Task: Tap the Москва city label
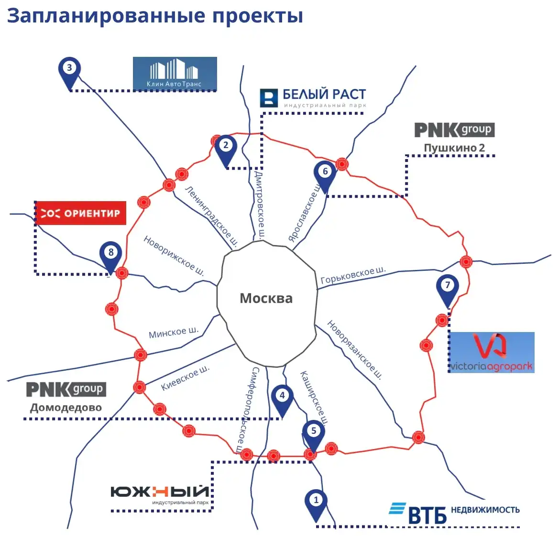click(266, 299)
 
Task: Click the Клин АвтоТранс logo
click(175, 74)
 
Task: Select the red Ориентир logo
click(80, 213)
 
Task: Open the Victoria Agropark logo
click(492, 353)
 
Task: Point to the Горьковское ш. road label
click(353, 276)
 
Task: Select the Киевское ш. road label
click(186, 378)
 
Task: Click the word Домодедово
click(66, 407)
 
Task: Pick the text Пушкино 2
click(454, 148)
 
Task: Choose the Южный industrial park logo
click(160, 493)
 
